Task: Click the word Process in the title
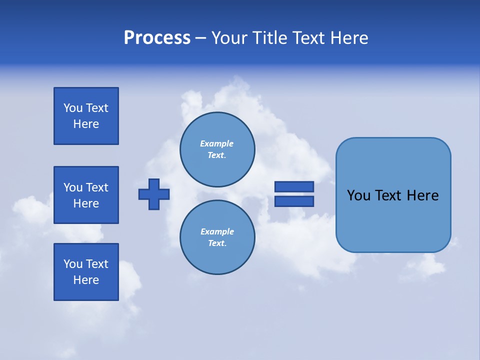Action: [x=157, y=38]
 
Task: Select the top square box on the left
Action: [x=86, y=116]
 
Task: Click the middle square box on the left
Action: [x=86, y=195]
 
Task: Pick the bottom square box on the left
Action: [x=86, y=272]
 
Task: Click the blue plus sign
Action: [x=154, y=194]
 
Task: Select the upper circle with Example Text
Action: [x=217, y=149]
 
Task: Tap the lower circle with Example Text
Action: [x=217, y=237]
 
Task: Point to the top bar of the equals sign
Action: [x=294, y=186]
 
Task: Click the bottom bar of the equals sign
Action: [x=294, y=201]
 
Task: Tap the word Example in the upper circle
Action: [x=216, y=143]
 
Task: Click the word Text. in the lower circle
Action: [x=217, y=243]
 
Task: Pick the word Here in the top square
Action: [x=86, y=124]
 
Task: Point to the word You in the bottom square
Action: [x=73, y=264]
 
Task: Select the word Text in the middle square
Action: [x=97, y=187]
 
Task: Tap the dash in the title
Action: [x=200, y=38]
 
